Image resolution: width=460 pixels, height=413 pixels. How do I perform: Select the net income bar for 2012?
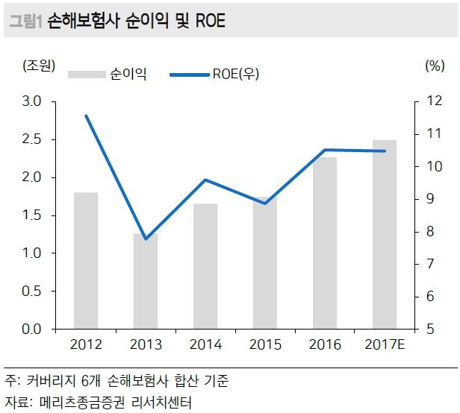(86, 260)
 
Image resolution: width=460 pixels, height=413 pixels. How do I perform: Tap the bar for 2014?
(205, 266)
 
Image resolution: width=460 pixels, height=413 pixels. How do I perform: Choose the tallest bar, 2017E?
(385, 234)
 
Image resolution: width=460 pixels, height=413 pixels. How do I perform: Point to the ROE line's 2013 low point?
(146, 239)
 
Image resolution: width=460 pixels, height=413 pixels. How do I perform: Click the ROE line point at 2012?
(86, 116)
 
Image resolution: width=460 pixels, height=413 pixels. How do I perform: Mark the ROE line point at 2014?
(205, 180)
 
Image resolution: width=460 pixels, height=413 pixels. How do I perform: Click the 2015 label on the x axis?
(265, 344)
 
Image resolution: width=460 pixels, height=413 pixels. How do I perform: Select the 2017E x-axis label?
(385, 344)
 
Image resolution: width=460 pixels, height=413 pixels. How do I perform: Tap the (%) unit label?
(434, 66)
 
